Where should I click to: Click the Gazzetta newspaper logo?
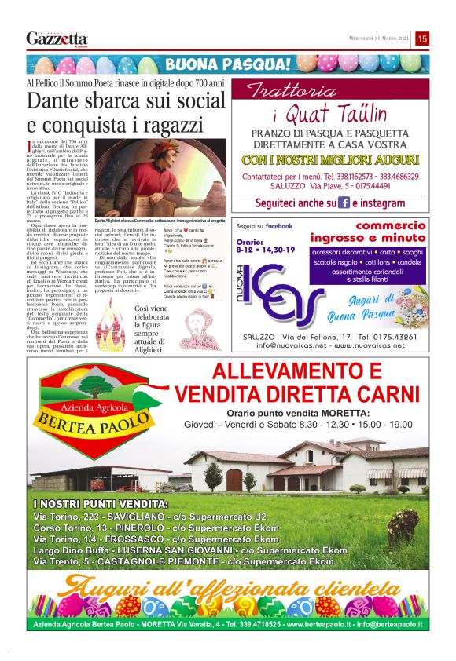point(57,38)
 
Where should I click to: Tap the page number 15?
point(422,38)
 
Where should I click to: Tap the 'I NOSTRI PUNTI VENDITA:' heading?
point(101,503)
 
